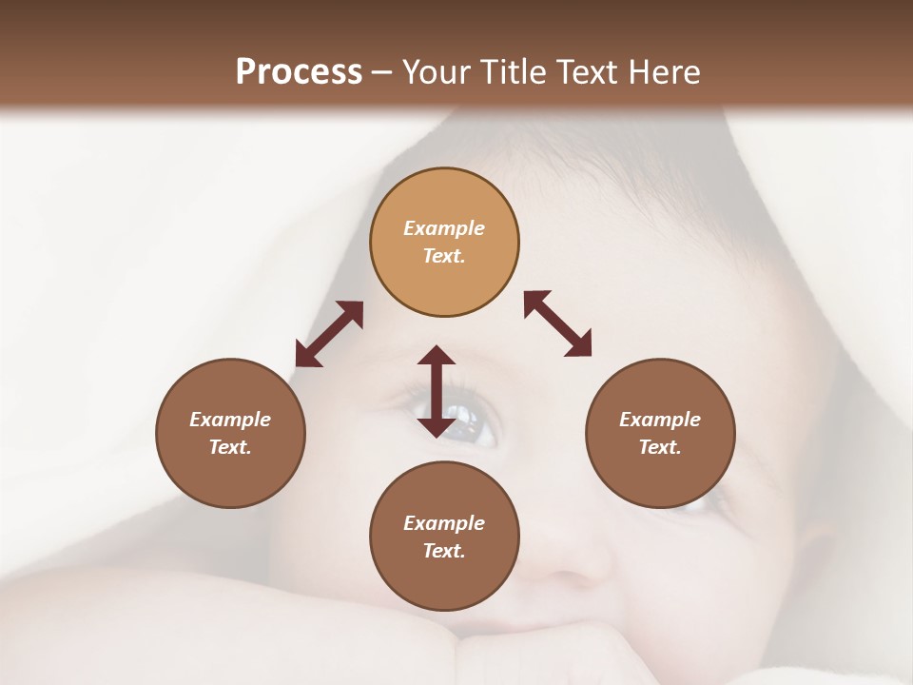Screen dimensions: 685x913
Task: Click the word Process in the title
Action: point(299,72)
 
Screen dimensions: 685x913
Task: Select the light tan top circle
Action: point(444,242)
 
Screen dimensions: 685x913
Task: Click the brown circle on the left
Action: point(230,433)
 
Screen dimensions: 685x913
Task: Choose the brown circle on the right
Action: point(660,433)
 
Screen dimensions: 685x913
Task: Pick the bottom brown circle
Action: point(444,537)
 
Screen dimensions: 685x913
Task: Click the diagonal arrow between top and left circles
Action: point(329,334)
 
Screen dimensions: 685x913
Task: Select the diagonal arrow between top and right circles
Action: point(558,323)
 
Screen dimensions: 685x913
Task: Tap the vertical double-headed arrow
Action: point(437,391)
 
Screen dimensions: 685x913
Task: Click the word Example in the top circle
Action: point(444,228)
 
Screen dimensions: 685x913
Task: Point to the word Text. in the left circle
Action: point(230,447)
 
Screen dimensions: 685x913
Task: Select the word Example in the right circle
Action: point(660,420)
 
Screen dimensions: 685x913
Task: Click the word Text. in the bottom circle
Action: point(444,551)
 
